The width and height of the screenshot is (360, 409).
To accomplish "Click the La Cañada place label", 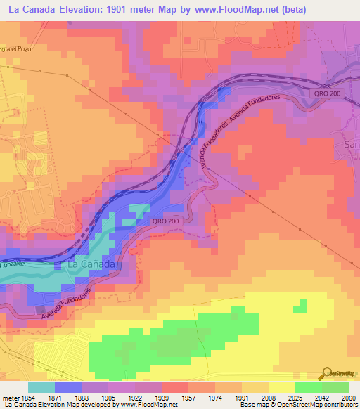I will coord(89,265).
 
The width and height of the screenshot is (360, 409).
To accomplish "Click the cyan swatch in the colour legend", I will coord(41,387).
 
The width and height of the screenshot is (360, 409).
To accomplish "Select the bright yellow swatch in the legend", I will coord(282,387).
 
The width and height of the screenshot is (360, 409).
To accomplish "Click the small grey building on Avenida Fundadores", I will coord(39,309).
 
